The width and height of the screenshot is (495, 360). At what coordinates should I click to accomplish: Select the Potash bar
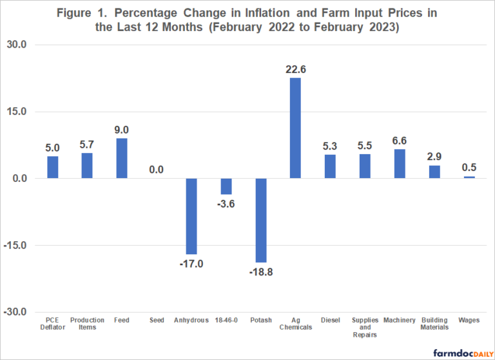click(261, 220)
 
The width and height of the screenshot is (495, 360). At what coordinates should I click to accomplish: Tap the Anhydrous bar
click(191, 216)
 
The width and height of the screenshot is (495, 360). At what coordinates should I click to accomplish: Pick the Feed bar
click(122, 158)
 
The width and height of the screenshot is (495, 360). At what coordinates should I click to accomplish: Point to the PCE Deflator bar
click(52, 167)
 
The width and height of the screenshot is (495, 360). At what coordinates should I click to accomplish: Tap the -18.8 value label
click(261, 272)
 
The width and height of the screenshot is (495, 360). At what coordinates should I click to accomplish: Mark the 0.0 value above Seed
click(157, 170)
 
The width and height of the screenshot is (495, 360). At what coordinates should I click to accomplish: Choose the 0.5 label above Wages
click(469, 168)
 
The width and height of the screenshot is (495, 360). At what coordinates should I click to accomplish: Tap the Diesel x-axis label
click(330, 320)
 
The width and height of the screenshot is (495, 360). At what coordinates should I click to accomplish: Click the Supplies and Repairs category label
click(365, 328)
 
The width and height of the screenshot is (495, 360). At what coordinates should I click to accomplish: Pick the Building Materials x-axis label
click(434, 324)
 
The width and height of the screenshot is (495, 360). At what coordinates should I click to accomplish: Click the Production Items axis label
click(87, 324)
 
